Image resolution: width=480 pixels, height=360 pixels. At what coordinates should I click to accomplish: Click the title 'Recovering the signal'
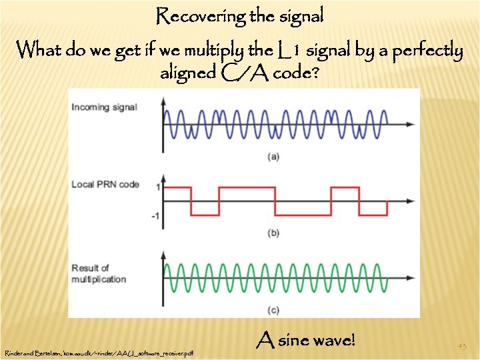[x=239, y=16]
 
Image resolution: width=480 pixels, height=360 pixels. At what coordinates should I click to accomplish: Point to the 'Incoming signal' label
[x=104, y=107]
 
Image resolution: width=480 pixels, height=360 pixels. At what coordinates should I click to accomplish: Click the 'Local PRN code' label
[x=105, y=184]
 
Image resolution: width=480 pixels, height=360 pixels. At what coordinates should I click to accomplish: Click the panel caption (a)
[x=273, y=157]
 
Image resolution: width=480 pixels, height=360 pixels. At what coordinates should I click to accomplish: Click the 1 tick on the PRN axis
[x=157, y=187]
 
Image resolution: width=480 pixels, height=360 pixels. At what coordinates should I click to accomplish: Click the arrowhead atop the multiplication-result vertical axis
[x=163, y=253]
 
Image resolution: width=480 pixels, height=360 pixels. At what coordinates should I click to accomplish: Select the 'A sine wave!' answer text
[x=306, y=341]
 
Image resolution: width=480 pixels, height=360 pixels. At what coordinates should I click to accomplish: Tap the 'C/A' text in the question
[x=253, y=73]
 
